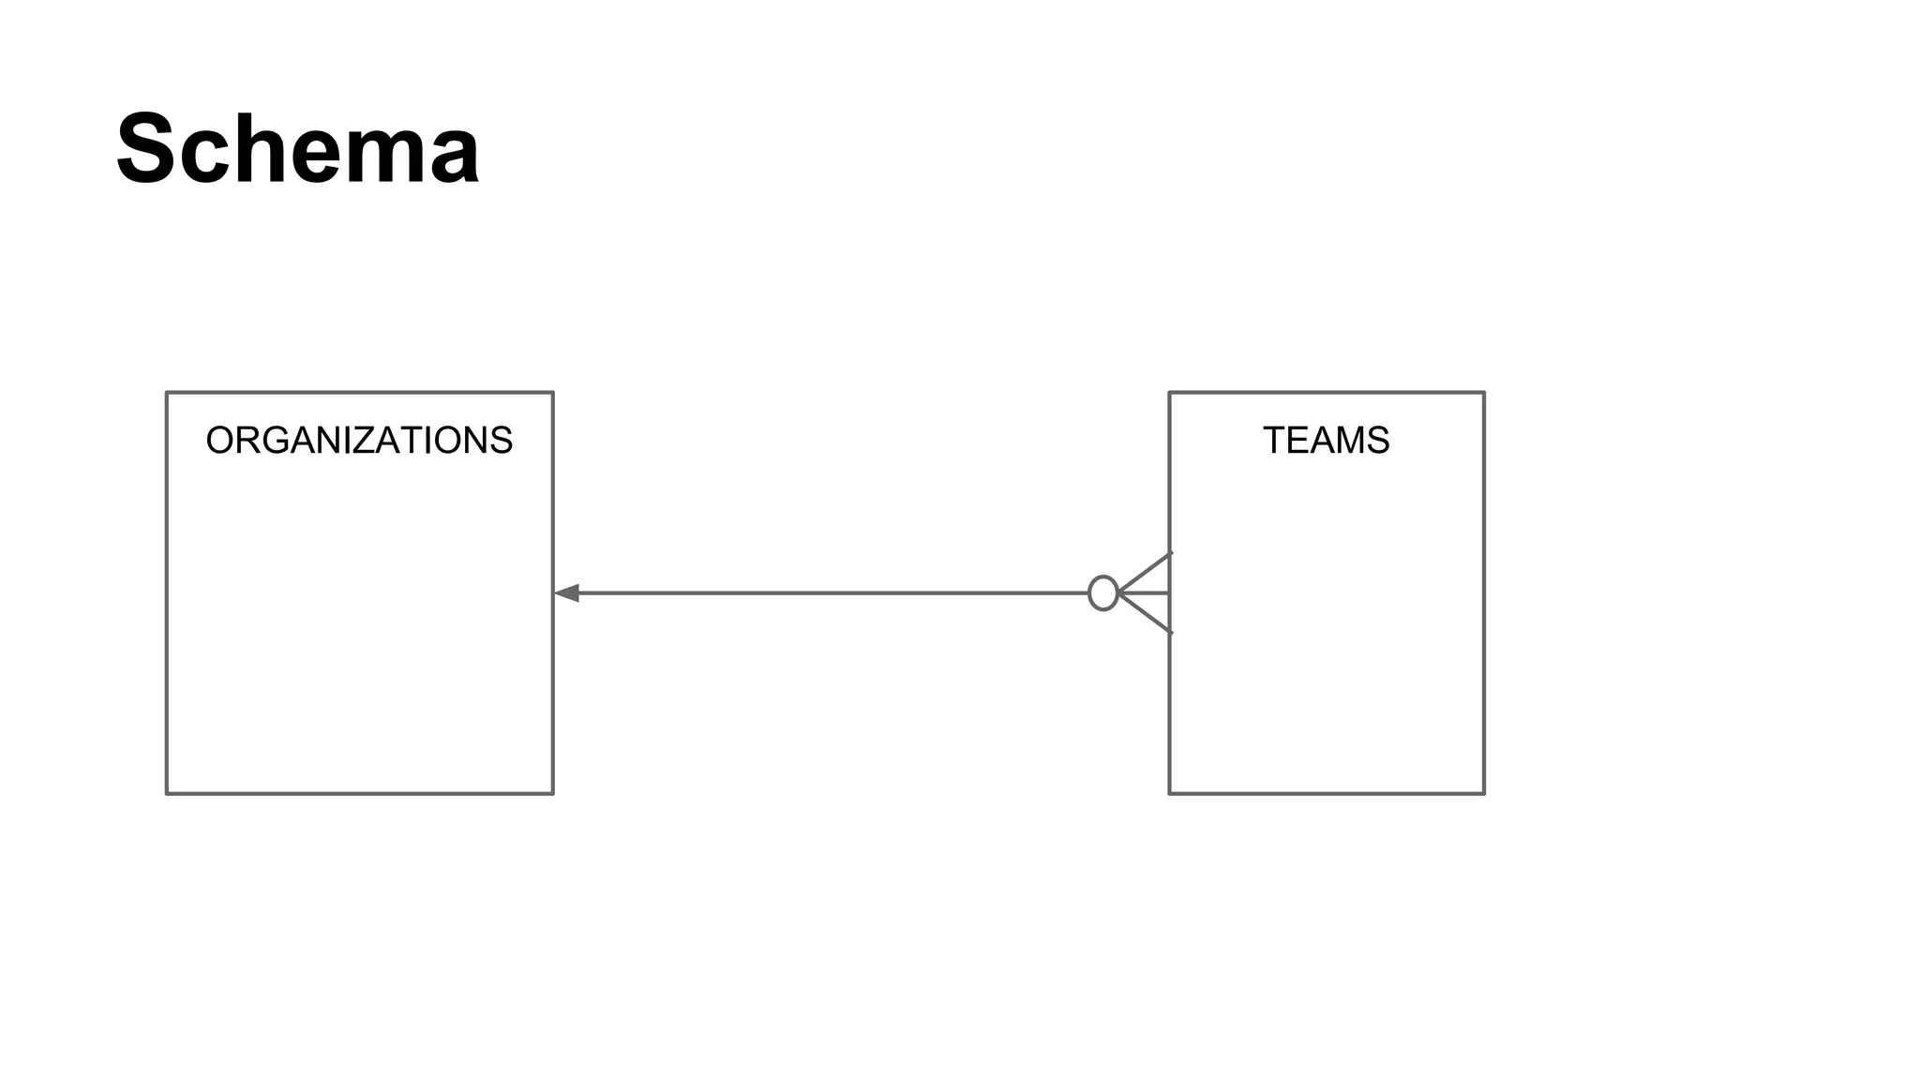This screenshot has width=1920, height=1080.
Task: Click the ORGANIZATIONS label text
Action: (359, 441)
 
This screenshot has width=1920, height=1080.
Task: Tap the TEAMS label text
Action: (1326, 441)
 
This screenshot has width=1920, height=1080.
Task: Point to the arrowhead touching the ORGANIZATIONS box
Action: (567, 593)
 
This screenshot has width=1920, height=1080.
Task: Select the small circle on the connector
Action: (1102, 593)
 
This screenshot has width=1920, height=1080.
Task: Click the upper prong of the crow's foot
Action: (1146, 573)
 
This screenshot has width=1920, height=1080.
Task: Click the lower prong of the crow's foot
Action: (1146, 614)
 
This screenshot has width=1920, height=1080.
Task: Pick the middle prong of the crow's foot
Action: (1146, 593)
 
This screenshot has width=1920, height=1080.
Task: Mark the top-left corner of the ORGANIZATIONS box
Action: (167, 393)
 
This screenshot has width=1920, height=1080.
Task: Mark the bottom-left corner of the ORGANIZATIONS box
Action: (167, 794)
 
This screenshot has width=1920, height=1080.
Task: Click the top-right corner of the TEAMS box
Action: (1484, 393)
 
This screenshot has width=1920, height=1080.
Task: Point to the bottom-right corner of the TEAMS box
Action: (1484, 794)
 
